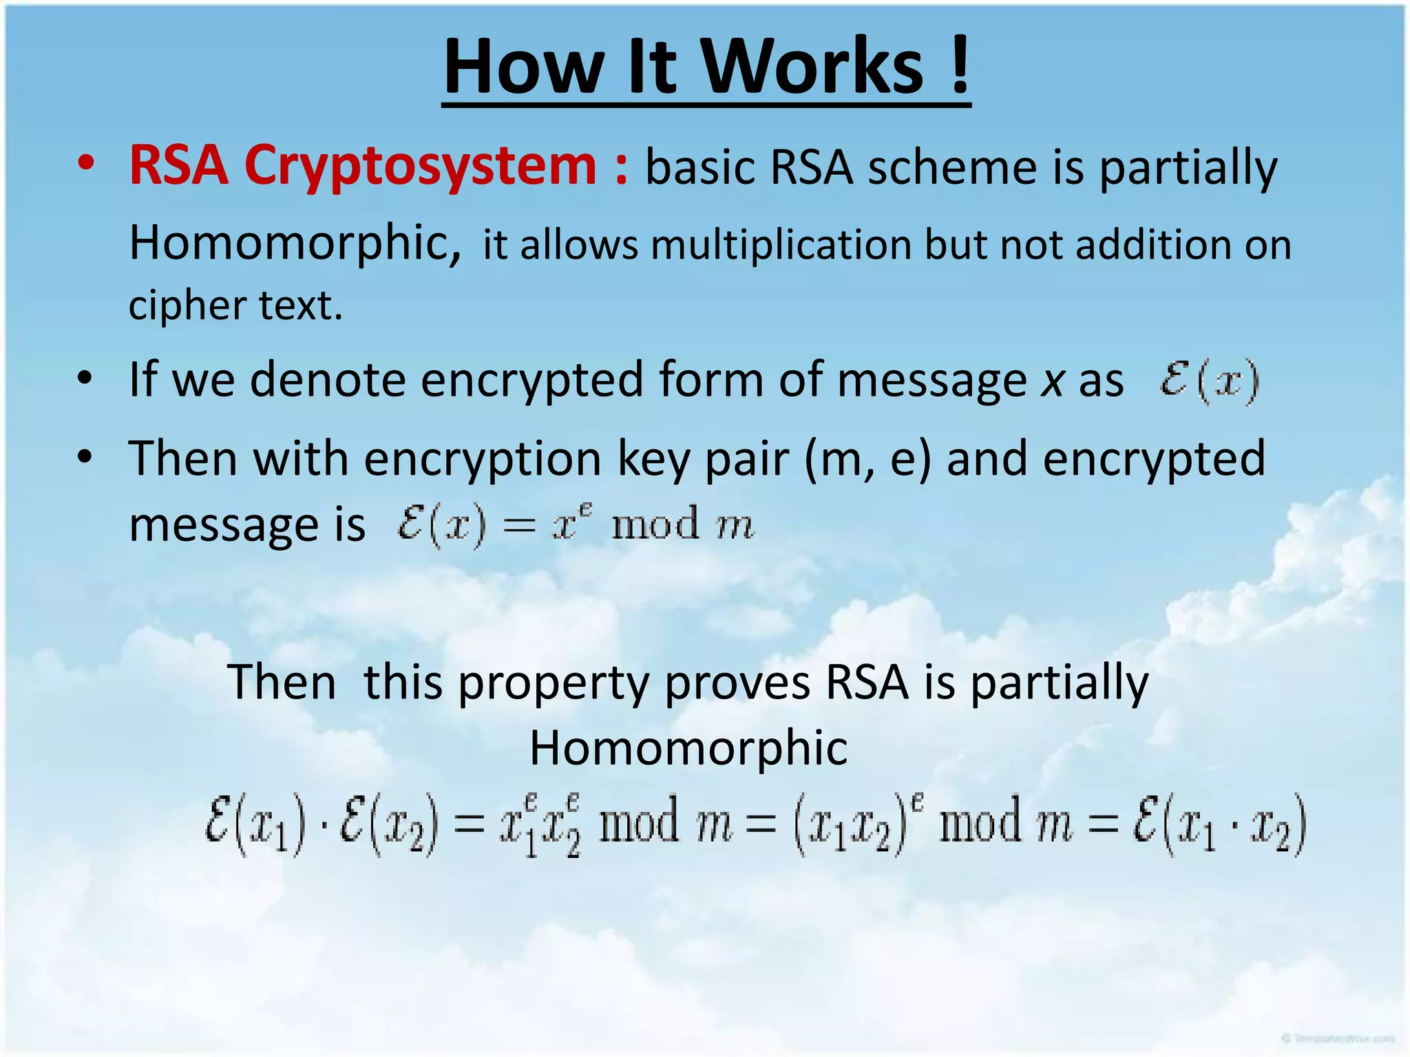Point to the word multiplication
pyautogui.click(x=781, y=245)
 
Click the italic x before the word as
pyautogui.click(x=1052, y=381)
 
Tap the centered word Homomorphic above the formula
pyautogui.click(x=688, y=748)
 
